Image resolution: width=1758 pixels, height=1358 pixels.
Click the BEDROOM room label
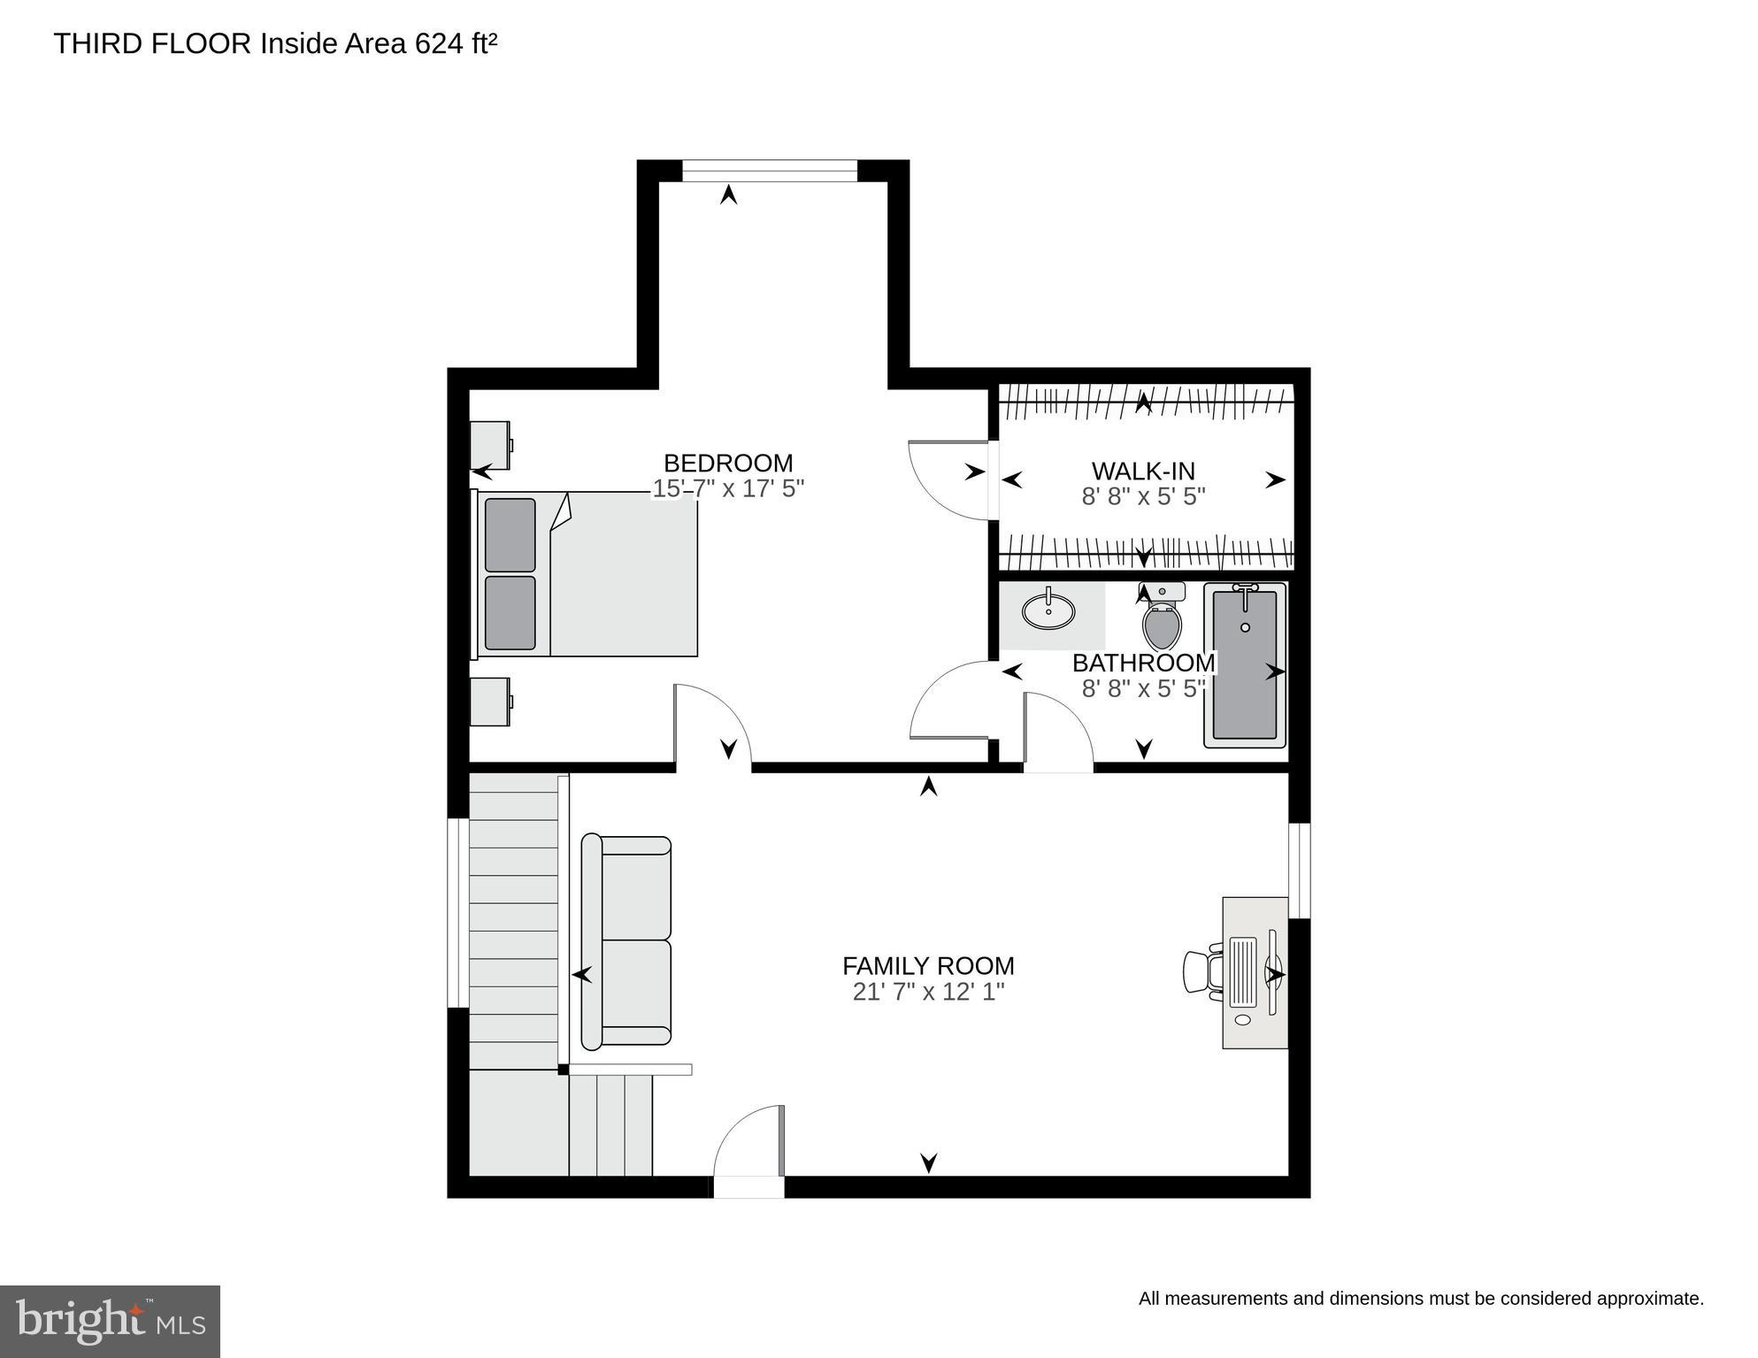pos(728,463)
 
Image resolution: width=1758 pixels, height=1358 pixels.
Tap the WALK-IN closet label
pos(1143,471)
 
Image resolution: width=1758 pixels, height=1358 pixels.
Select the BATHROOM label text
pos(1143,663)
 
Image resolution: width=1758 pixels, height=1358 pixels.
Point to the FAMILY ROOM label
pos(928,965)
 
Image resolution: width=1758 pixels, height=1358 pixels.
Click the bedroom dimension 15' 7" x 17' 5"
pos(728,488)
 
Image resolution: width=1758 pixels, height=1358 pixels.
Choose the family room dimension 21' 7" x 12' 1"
pos(928,992)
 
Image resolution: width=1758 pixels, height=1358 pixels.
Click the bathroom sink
pos(1048,610)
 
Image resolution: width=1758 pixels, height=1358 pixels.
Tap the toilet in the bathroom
pos(1163,619)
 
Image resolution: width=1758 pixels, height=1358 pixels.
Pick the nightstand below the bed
pos(490,702)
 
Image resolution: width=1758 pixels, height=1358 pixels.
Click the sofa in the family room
pos(626,941)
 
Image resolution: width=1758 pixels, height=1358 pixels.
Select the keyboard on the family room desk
pos(1243,971)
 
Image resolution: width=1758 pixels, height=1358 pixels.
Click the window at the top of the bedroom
pos(770,171)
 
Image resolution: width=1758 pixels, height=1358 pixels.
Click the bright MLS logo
pos(110,1322)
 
